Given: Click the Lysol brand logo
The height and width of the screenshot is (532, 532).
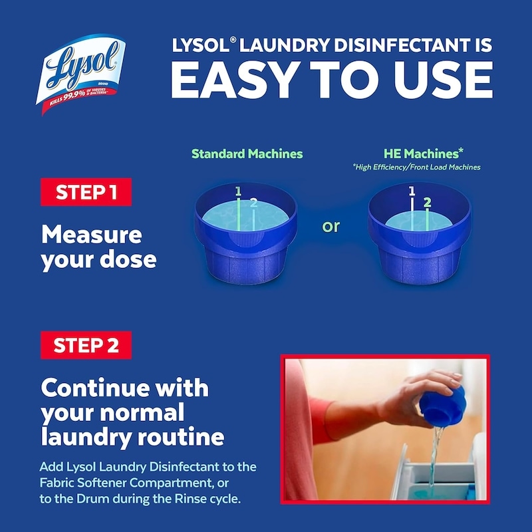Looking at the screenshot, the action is [80, 74].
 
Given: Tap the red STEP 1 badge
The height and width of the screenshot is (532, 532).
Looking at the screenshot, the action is [86, 192].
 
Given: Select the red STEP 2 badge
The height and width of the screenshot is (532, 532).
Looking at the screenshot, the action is [86, 345].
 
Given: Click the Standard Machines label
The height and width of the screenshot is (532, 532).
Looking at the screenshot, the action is [247, 154].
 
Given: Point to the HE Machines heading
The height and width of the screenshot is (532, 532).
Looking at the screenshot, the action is [423, 154].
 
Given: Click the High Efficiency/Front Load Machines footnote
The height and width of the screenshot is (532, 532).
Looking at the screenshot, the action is [417, 167].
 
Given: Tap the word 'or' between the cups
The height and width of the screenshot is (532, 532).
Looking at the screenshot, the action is [331, 226].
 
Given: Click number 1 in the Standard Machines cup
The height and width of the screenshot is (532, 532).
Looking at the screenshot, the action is [238, 192].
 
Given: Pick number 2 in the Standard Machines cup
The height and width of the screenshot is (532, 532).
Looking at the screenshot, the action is [254, 203].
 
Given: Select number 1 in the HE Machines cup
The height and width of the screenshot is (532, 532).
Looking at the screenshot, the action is [412, 191].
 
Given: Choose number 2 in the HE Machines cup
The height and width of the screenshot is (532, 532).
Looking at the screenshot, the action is [428, 203].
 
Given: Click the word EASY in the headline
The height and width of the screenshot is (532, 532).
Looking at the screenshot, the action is [235, 80].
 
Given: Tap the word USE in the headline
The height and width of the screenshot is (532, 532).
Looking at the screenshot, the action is [443, 80].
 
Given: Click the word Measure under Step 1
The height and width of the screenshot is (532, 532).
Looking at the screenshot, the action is [92, 235].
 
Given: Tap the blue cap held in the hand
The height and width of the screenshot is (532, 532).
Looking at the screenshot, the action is [442, 406].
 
